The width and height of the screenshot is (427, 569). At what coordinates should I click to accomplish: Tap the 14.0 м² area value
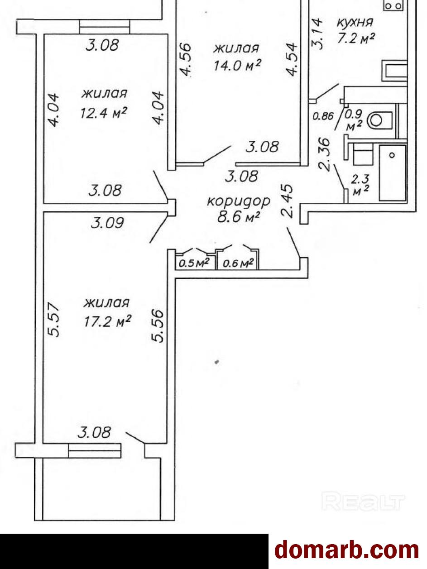coord(238,66)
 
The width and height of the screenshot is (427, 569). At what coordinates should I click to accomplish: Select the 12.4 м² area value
coord(103,112)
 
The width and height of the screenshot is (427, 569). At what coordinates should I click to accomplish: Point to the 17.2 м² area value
coord(107,321)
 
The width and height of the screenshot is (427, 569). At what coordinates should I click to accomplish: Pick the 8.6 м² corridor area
coord(239,217)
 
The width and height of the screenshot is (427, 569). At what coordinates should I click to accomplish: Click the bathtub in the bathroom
coord(392,172)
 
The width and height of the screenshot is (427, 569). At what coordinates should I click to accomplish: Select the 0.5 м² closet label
coord(194,263)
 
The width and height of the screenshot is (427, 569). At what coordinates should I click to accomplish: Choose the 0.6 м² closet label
coord(238,263)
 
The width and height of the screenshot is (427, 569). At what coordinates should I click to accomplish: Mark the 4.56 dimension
coord(186,60)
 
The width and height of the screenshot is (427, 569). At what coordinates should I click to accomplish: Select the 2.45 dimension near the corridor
coord(288,201)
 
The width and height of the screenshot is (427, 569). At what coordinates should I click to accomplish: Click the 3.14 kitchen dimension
coord(317,33)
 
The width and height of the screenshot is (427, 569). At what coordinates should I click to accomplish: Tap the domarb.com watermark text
coord(347,550)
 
